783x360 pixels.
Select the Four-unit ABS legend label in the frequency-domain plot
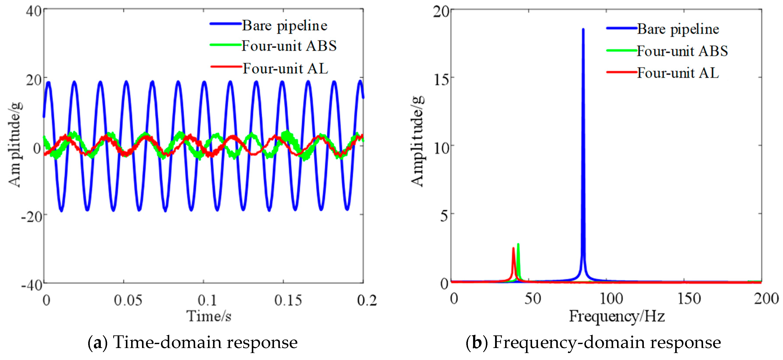coord(682,51)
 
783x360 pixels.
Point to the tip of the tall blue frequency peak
coord(583,29)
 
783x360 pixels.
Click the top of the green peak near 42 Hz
coord(518,244)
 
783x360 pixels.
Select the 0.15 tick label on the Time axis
coord(288,300)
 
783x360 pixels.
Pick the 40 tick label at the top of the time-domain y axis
coord(34,12)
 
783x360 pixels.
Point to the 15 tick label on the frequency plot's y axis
coord(441,80)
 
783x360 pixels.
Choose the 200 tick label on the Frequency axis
coord(766,299)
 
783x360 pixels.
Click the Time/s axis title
coord(209,316)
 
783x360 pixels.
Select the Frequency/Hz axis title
coord(617,316)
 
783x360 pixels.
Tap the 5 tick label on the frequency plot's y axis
coord(444,216)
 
